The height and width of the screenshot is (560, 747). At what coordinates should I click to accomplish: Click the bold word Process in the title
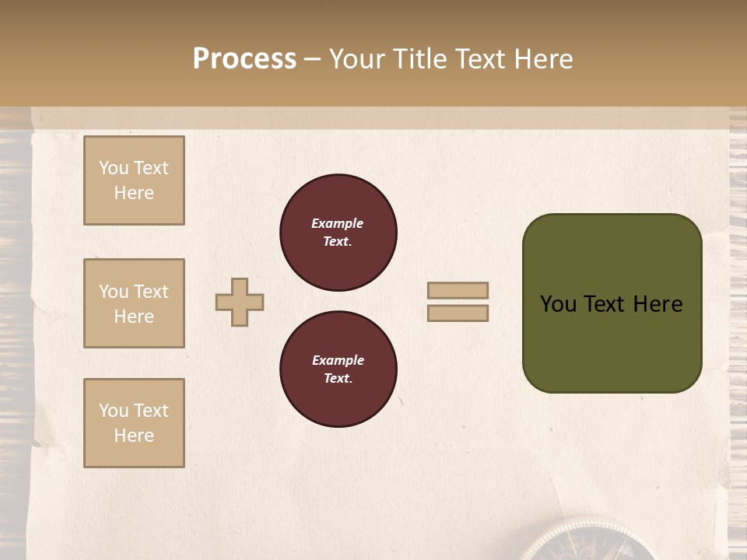pos(244,59)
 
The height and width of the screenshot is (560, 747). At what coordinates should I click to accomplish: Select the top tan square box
pos(134,180)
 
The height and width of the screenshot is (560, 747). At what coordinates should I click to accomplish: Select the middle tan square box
pos(134,303)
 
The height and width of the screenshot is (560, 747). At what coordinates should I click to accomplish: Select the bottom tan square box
pos(134,423)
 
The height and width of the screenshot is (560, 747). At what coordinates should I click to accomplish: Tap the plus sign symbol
pos(240,302)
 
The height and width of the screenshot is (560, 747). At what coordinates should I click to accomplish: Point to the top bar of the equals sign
pos(458,290)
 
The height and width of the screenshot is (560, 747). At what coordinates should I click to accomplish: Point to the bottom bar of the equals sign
pos(458,313)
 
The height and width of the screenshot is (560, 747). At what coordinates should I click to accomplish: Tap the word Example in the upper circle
pos(338,223)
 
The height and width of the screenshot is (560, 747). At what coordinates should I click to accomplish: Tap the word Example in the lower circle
pos(338,360)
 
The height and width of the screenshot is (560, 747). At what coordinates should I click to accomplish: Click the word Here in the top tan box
pos(134,193)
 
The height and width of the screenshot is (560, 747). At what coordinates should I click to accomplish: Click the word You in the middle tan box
pos(114,292)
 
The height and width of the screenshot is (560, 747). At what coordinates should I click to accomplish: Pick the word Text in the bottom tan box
pos(151,411)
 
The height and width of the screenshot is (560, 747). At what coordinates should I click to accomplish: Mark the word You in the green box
pos(558,304)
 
